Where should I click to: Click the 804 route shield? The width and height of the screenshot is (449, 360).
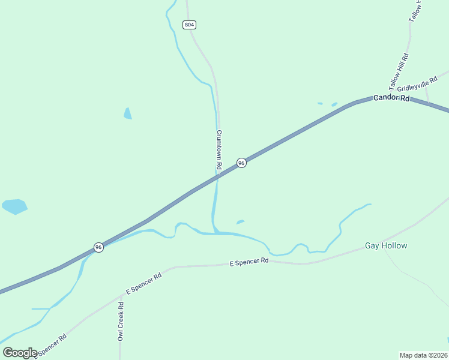click(x=190, y=25)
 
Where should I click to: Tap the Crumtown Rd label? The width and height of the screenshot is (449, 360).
click(x=219, y=149)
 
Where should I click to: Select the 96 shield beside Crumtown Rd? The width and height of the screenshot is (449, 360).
click(x=241, y=163)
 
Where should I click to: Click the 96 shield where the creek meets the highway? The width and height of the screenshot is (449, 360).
click(x=98, y=247)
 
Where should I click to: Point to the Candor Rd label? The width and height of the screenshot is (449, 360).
click(x=391, y=97)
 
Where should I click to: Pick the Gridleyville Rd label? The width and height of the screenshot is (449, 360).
click(x=417, y=86)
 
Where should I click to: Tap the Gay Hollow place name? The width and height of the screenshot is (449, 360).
click(x=386, y=246)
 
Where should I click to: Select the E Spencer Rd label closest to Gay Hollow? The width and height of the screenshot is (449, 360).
click(x=249, y=262)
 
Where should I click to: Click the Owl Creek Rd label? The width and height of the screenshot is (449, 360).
click(x=121, y=322)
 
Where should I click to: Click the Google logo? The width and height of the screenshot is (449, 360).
click(x=20, y=353)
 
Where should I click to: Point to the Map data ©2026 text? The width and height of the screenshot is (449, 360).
click(x=423, y=355)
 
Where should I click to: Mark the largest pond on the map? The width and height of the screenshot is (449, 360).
click(x=14, y=206)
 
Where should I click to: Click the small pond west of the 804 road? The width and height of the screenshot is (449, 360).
click(x=127, y=113)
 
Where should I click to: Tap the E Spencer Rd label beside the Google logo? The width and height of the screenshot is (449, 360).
click(x=50, y=345)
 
